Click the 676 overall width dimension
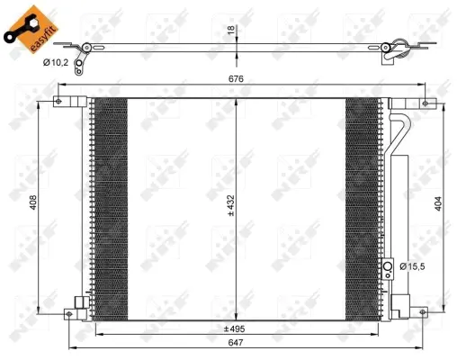[x=235, y=78]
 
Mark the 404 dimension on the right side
[x=439, y=204]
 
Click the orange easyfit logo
[x=26, y=24]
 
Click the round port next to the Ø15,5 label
[x=389, y=266]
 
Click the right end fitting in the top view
[x=391, y=50]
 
